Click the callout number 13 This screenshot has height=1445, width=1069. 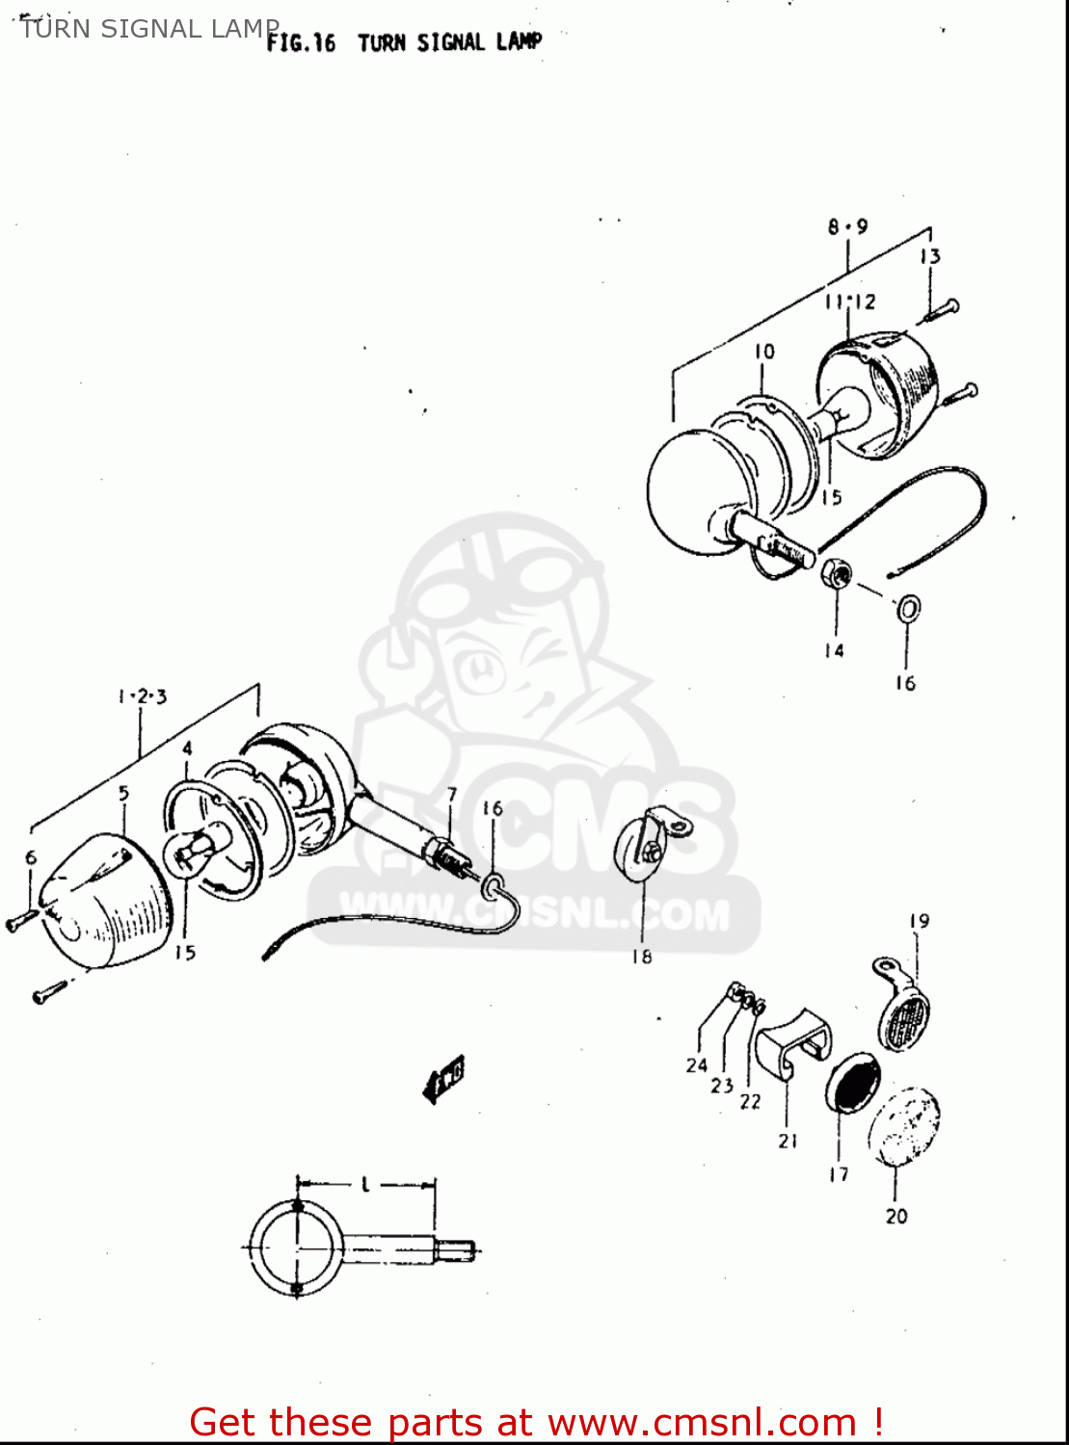point(929,256)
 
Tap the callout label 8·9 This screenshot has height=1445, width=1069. point(847,226)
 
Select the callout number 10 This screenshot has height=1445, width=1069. point(764,352)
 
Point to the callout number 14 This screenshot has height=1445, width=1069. point(834,651)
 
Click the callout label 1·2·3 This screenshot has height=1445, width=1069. point(143,696)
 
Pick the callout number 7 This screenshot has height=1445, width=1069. point(451,795)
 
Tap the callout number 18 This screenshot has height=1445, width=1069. point(642,957)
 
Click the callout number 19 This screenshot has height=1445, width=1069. point(919,921)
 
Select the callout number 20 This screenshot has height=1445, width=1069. point(896,1216)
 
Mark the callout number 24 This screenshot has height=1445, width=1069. point(697,1064)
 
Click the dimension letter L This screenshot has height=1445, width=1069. point(366,1184)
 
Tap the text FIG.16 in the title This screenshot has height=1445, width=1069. point(301,43)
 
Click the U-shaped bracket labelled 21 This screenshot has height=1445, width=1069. point(791,1046)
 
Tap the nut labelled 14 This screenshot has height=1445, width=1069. point(836,575)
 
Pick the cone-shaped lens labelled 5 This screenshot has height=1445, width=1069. point(101,901)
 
